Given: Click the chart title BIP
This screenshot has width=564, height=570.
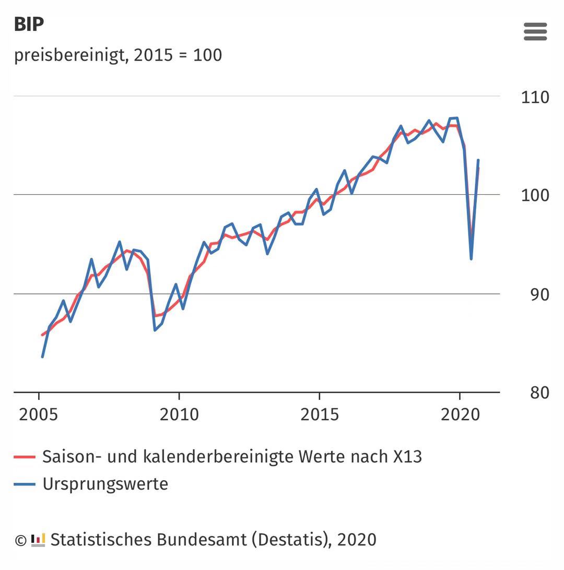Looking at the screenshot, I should tap(29, 25).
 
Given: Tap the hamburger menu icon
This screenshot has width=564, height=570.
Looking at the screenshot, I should tap(535, 32).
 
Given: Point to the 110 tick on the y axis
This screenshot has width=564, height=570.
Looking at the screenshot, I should tap(535, 97).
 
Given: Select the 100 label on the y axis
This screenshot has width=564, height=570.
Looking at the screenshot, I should tap(535, 196).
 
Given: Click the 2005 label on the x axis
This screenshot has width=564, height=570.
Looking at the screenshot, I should tap(39, 414).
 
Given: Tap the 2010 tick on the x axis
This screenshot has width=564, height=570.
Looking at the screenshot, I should tap(179, 414).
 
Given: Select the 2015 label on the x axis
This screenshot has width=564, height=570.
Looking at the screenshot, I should tap(320, 414).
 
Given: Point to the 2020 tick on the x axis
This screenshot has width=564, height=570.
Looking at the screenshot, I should tap(460, 414).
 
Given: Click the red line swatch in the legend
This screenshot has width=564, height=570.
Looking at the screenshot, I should tap(25, 457).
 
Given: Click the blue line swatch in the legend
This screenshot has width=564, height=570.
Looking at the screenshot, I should tap(25, 484).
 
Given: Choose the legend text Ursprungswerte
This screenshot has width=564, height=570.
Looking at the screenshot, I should tap(105, 484).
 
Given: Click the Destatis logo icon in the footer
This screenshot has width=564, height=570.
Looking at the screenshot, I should tap(38, 540).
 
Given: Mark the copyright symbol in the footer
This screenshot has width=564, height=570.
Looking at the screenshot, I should tap(20, 540).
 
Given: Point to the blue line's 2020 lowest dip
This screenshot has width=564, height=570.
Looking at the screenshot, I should tap(471, 258).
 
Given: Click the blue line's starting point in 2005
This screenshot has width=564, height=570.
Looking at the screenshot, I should tap(42, 357).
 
